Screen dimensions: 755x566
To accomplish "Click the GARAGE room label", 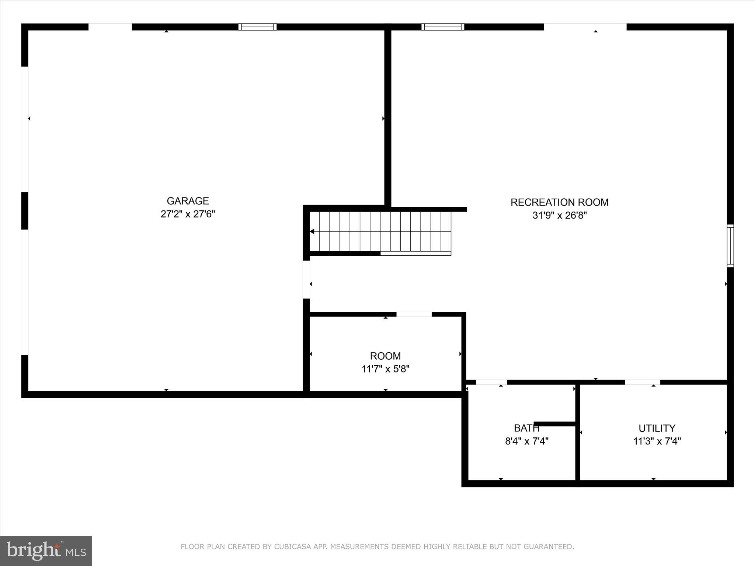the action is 188,201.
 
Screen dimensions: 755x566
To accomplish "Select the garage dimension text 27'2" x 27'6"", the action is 188,214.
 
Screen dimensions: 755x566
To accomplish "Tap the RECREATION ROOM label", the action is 559,202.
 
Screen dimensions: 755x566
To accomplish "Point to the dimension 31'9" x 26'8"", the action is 559,216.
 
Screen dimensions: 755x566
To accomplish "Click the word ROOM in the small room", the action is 385,356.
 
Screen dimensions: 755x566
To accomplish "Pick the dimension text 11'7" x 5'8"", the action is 385,369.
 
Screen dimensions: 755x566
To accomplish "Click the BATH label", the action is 526,428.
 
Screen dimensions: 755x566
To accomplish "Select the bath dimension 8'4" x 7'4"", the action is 526,441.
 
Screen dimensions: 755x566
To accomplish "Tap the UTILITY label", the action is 657,428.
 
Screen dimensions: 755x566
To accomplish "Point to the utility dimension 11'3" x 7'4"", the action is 657,441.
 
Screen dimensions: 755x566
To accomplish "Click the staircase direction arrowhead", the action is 312,231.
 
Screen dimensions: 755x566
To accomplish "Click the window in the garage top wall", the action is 257,27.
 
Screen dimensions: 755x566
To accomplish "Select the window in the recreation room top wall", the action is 442,27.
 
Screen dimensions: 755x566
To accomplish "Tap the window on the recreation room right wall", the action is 730,246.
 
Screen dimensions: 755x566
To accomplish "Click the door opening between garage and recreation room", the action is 306,280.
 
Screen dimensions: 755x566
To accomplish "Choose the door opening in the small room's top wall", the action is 414,314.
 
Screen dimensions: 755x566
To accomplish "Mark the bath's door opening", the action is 491,382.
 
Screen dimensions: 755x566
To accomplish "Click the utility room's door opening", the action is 642,382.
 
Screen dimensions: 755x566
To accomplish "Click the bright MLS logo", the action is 46,551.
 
